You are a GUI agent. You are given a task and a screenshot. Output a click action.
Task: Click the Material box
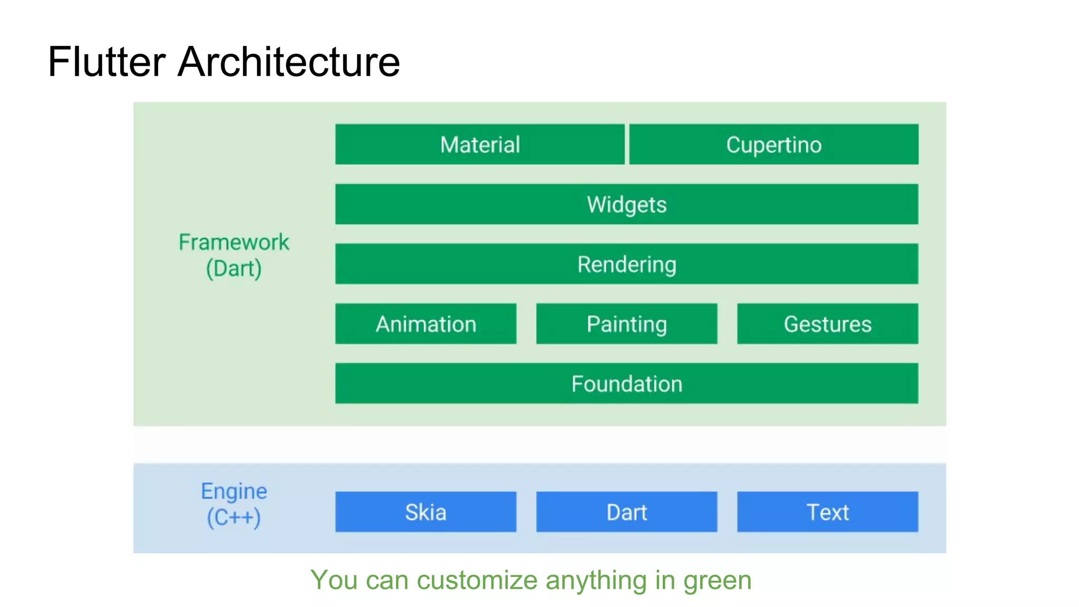[479, 144]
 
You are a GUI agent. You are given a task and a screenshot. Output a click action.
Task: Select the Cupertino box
[773, 144]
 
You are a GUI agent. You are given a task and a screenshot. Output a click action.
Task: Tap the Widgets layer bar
[626, 204]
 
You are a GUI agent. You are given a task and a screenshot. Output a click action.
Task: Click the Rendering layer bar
[626, 264]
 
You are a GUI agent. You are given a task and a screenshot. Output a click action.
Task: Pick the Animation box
[426, 324]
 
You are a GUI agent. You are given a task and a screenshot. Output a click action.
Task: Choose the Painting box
[626, 324]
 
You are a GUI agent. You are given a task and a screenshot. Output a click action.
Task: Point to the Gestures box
[827, 324]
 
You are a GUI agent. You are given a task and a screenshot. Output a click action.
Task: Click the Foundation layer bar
[626, 384]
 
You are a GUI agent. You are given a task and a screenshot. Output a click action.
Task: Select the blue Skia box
[426, 512]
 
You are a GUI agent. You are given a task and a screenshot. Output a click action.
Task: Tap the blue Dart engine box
[626, 512]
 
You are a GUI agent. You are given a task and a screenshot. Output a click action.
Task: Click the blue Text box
[827, 512]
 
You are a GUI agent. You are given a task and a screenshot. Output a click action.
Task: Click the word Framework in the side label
[234, 242]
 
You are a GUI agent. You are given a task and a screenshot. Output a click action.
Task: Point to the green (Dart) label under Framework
[234, 269]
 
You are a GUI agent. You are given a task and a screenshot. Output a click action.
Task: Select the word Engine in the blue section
[234, 492]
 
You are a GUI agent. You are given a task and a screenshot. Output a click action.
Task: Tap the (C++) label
[234, 517]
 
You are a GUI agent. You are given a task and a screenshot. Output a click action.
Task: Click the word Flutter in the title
[107, 62]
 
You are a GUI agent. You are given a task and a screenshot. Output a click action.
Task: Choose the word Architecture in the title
[289, 62]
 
